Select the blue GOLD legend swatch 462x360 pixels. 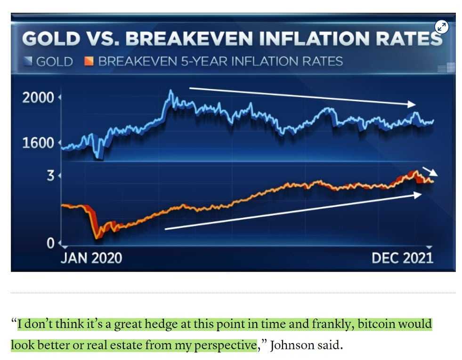point(28,61)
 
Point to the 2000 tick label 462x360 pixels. point(38,98)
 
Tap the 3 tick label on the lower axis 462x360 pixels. point(50,176)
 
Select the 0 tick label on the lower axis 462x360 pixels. point(50,243)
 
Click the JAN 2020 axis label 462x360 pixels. point(91,258)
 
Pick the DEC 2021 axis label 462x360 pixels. point(402,258)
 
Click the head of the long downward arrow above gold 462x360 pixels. point(413,104)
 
